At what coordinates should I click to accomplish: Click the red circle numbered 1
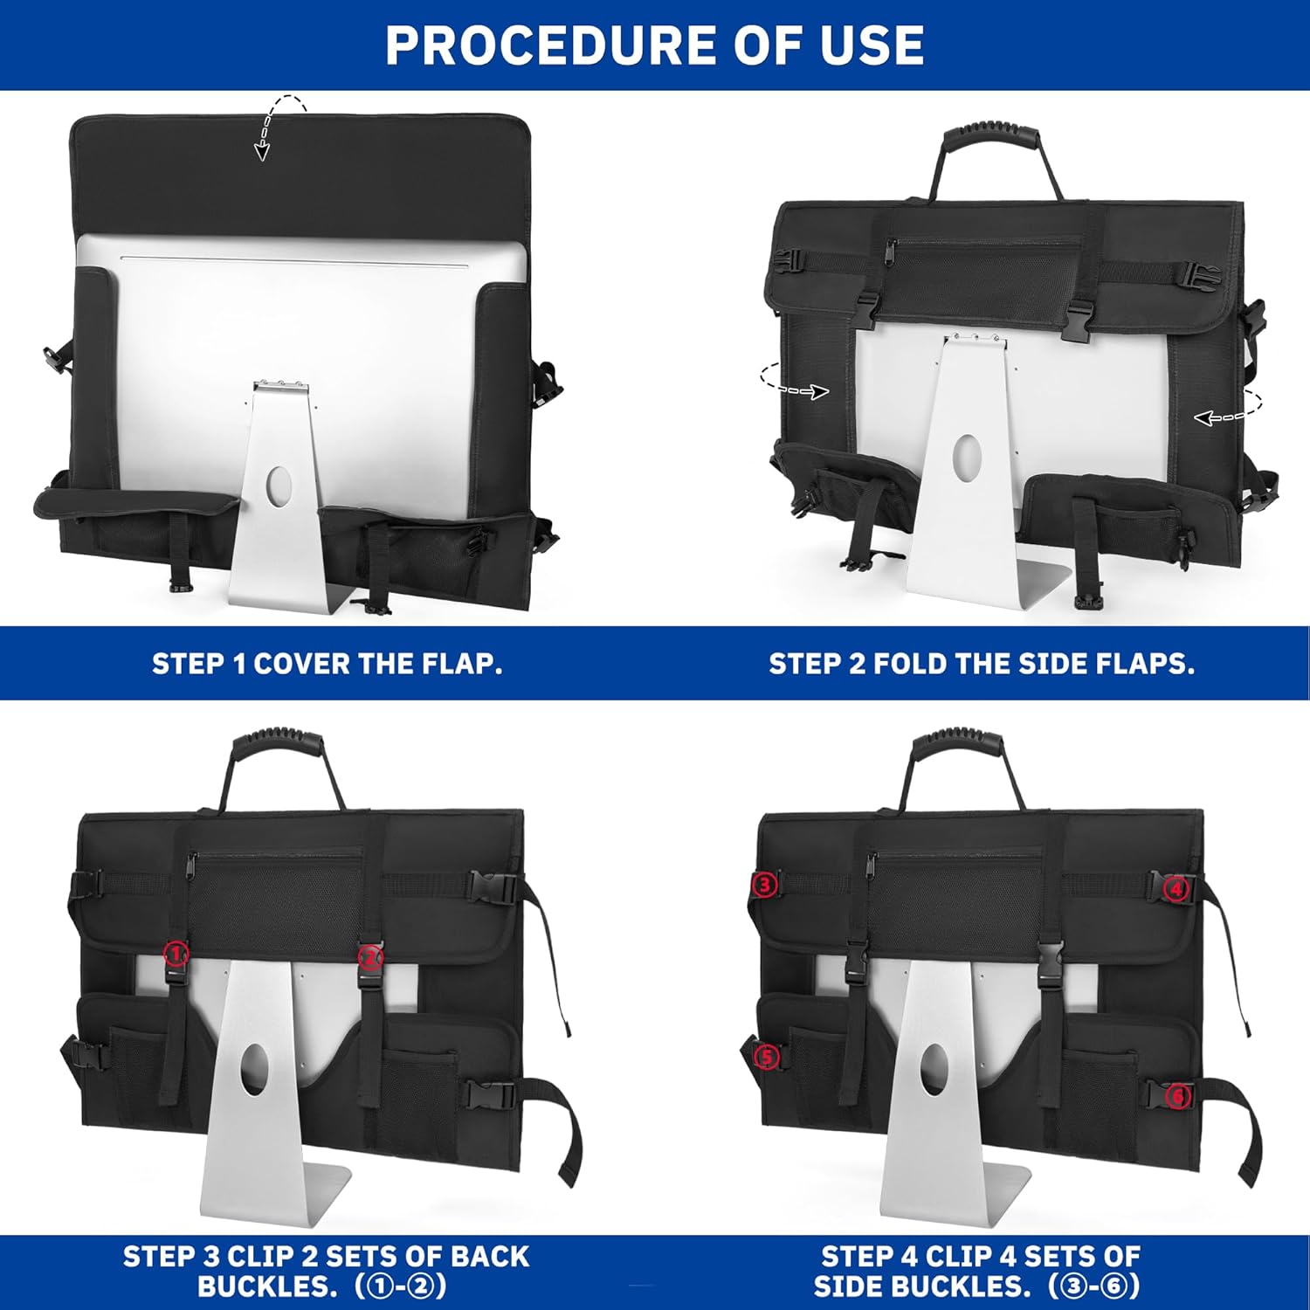[x=176, y=953]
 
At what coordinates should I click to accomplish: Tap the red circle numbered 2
[x=370, y=957]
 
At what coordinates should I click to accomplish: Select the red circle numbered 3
[x=764, y=885]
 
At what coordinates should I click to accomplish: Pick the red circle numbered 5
[x=766, y=1058]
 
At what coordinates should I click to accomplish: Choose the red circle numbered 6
[x=1178, y=1095]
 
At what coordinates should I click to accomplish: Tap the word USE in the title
[x=872, y=45]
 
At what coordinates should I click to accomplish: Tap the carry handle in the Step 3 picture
[x=280, y=747]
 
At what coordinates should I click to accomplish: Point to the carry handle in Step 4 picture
[x=960, y=747]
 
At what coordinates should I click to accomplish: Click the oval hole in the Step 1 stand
[x=279, y=486]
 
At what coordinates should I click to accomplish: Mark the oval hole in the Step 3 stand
[x=254, y=1068]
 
